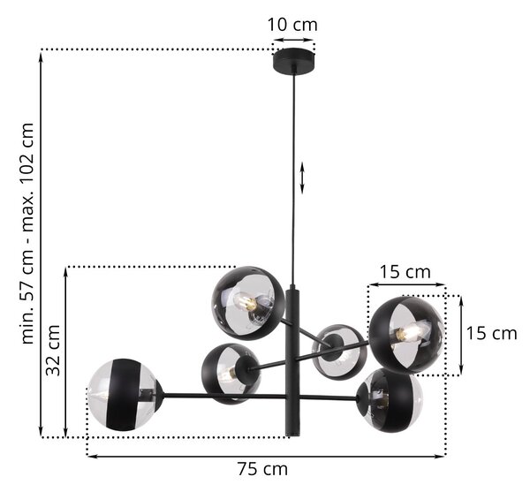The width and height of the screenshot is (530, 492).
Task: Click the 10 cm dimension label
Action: coord(292,25)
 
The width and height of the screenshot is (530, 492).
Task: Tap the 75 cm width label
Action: coord(262,469)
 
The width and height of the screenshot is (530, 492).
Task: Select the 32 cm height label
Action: coord(53,351)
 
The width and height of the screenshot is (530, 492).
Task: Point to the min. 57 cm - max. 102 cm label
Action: coord(27,233)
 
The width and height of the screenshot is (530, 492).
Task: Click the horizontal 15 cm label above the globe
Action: coord(405,272)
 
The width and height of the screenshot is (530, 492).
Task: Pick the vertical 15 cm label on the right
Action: coord(491,334)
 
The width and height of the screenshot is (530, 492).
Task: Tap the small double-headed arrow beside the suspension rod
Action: coord(302,178)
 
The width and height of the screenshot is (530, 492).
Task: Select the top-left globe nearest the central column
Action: coord(248,303)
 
